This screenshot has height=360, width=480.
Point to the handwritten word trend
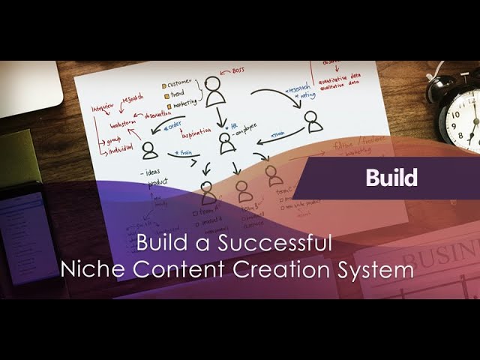(x=178, y=94)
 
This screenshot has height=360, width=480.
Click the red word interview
(x=106, y=108)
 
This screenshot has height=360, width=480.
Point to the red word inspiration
(x=190, y=135)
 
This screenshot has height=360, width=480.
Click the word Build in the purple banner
(x=391, y=178)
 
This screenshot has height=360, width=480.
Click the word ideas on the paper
(x=156, y=174)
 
